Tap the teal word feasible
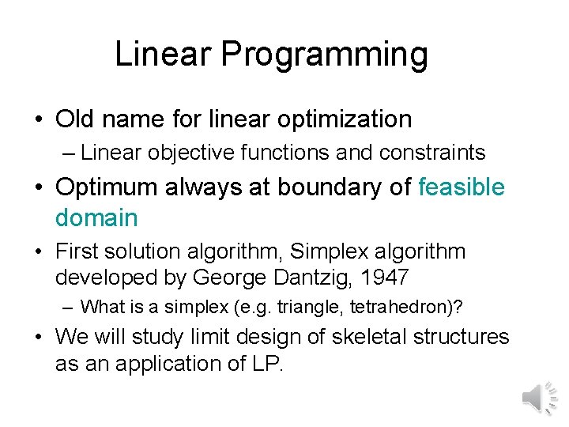click(462, 187)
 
